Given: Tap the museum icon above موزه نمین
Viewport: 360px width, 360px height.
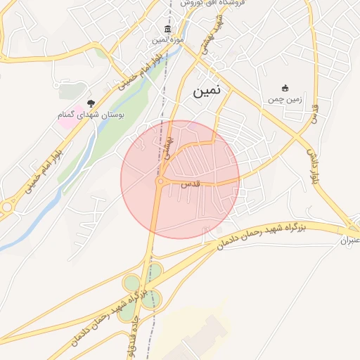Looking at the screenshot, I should [167, 29].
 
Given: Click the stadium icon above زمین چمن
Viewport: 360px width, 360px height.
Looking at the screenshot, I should [285, 88].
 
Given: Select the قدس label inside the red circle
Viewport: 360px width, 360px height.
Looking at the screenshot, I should [191, 184].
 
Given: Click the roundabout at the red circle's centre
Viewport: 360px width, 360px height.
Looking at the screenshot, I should [161, 182].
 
